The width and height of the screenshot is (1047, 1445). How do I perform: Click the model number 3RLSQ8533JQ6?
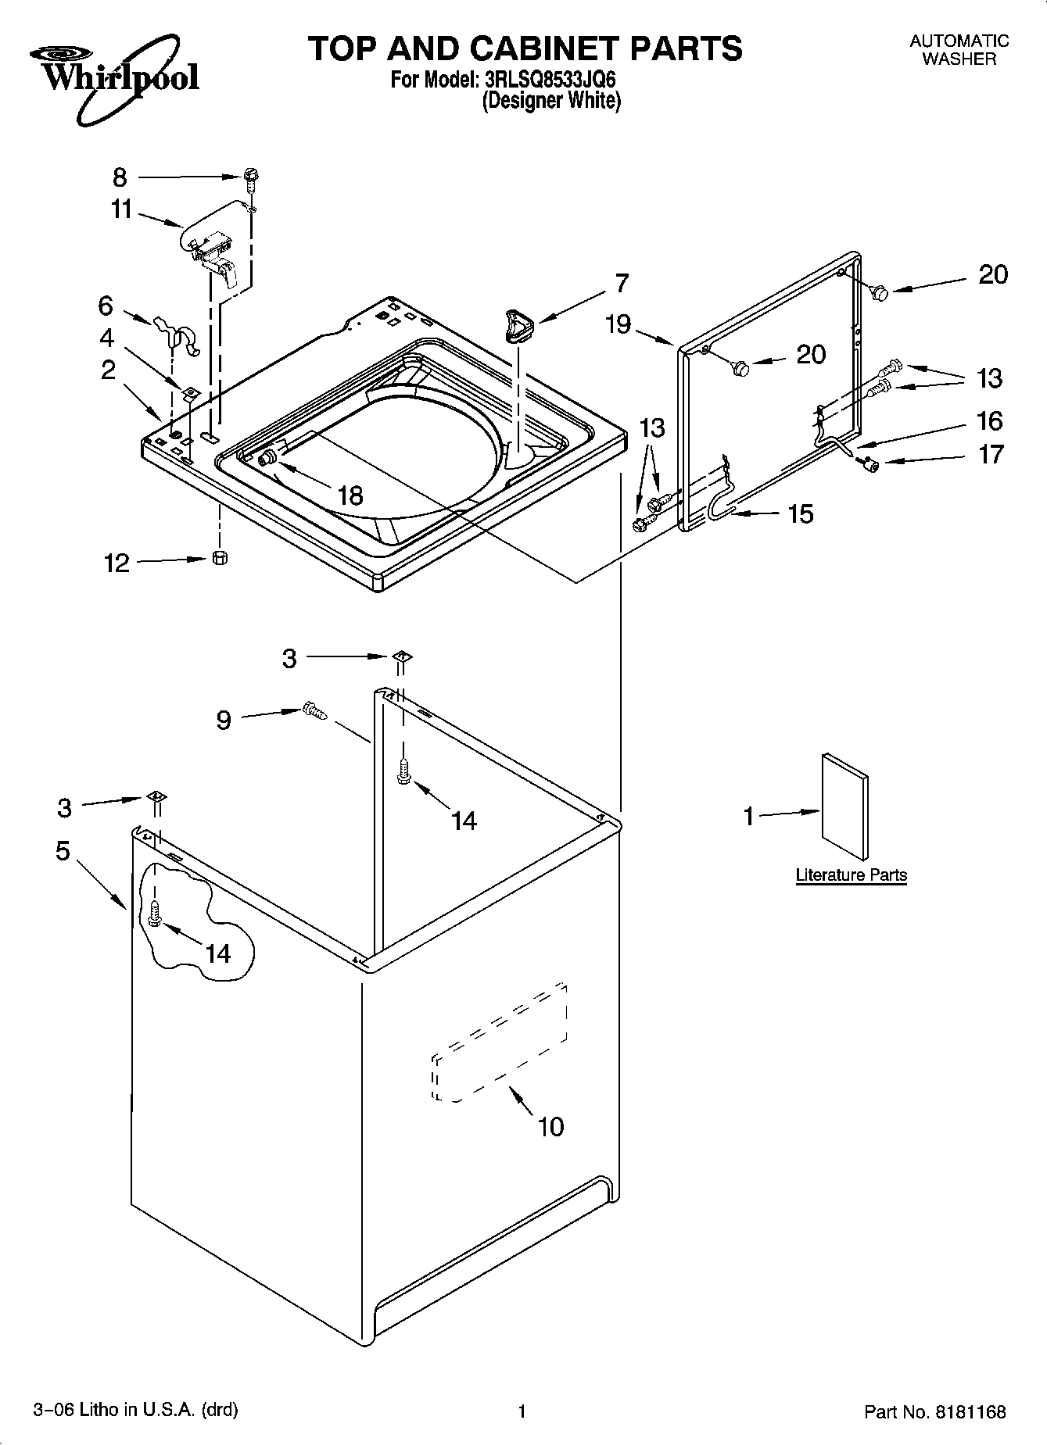click(545, 80)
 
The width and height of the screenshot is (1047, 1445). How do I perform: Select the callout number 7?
click(621, 283)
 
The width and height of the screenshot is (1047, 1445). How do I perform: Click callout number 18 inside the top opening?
click(350, 495)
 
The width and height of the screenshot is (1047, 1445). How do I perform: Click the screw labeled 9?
click(314, 710)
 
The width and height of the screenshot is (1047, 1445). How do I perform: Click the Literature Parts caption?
click(851, 875)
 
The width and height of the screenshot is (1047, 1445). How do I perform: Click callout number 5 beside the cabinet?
click(63, 850)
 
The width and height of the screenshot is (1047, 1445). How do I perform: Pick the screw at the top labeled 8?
click(251, 179)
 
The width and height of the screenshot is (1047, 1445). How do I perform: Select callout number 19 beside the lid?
click(618, 324)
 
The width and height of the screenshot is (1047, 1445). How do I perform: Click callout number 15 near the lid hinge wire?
click(800, 513)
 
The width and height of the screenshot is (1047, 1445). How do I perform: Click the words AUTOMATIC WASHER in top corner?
click(959, 49)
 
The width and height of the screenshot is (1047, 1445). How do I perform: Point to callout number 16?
click(989, 421)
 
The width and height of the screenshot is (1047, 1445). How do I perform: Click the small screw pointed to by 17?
click(867, 465)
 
